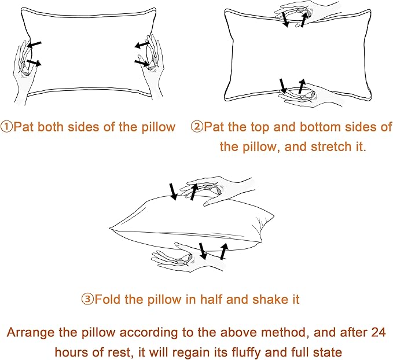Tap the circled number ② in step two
[197, 127]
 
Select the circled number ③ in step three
[87, 299]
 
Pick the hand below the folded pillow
[180, 258]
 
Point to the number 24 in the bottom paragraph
[377, 333]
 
